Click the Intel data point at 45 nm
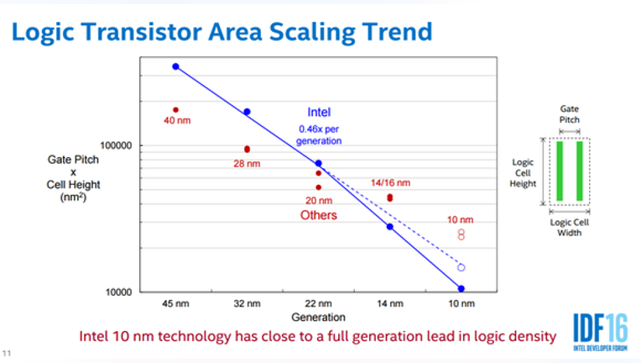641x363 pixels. pos(176,66)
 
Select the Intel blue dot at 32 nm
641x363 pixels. pos(247,112)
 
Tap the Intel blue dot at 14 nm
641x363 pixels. pos(390,227)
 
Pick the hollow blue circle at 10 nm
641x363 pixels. pos(461,268)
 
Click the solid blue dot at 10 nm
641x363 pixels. pos(461,289)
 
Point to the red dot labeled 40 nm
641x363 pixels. pos(176,110)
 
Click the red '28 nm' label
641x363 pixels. pos(247,164)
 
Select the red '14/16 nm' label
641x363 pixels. pos(390,183)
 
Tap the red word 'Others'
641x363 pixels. pos(319,215)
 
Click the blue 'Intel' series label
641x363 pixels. pos(319,112)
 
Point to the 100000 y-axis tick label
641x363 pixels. pos(116,145)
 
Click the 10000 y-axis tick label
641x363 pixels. pos(118,292)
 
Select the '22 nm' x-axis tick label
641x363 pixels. pos(319,303)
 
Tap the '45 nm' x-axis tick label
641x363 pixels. pos(176,303)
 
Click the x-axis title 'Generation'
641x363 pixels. pos(319,317)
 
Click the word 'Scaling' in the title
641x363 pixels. pos(312,32)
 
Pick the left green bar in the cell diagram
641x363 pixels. pos(560,171)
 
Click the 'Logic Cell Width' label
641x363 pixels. pos(570,228)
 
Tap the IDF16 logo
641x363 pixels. pos(600,332)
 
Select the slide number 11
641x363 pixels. pos(7,353)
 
